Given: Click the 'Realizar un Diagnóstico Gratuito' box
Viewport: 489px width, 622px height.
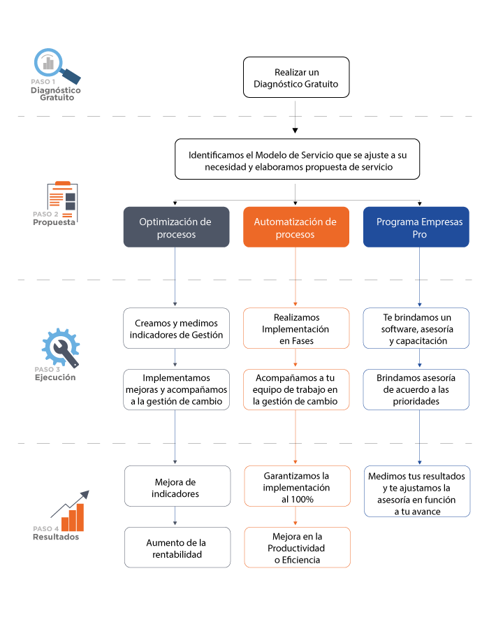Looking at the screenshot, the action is pos(296,78).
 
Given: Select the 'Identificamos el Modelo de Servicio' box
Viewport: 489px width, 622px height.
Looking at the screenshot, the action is pos(297,159).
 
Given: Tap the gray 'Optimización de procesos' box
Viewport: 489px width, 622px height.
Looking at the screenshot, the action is pos(177,227).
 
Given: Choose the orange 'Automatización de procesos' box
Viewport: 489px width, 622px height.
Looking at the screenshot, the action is pos(296,227).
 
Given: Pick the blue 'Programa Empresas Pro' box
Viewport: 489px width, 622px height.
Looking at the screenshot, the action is pos(416,227).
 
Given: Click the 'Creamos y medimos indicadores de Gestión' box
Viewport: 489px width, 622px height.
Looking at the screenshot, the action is pos(177,328).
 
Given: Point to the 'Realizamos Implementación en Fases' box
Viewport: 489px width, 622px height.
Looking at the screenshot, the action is pos(296,328).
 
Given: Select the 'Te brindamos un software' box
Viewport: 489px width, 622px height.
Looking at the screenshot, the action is pos(416,328).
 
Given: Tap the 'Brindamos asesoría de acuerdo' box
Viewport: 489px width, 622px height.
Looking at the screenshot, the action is pos(416,389).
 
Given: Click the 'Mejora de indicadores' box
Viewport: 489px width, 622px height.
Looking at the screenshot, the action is pos(177,486).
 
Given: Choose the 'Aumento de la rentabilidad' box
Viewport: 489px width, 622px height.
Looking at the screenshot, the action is pos(177,547).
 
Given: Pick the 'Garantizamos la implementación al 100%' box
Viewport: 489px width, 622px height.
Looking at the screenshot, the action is pos(298,486).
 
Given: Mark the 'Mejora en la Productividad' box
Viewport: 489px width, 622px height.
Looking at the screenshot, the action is pos(298,547).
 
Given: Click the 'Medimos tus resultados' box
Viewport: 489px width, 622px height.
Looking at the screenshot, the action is pos(417,491).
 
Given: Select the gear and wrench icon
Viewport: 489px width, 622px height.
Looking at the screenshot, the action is pos(61,347).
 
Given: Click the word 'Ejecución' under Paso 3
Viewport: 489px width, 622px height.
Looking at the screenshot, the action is pos(55,377).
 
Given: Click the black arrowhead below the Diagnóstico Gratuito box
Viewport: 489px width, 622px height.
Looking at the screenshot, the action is pos(295,131).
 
